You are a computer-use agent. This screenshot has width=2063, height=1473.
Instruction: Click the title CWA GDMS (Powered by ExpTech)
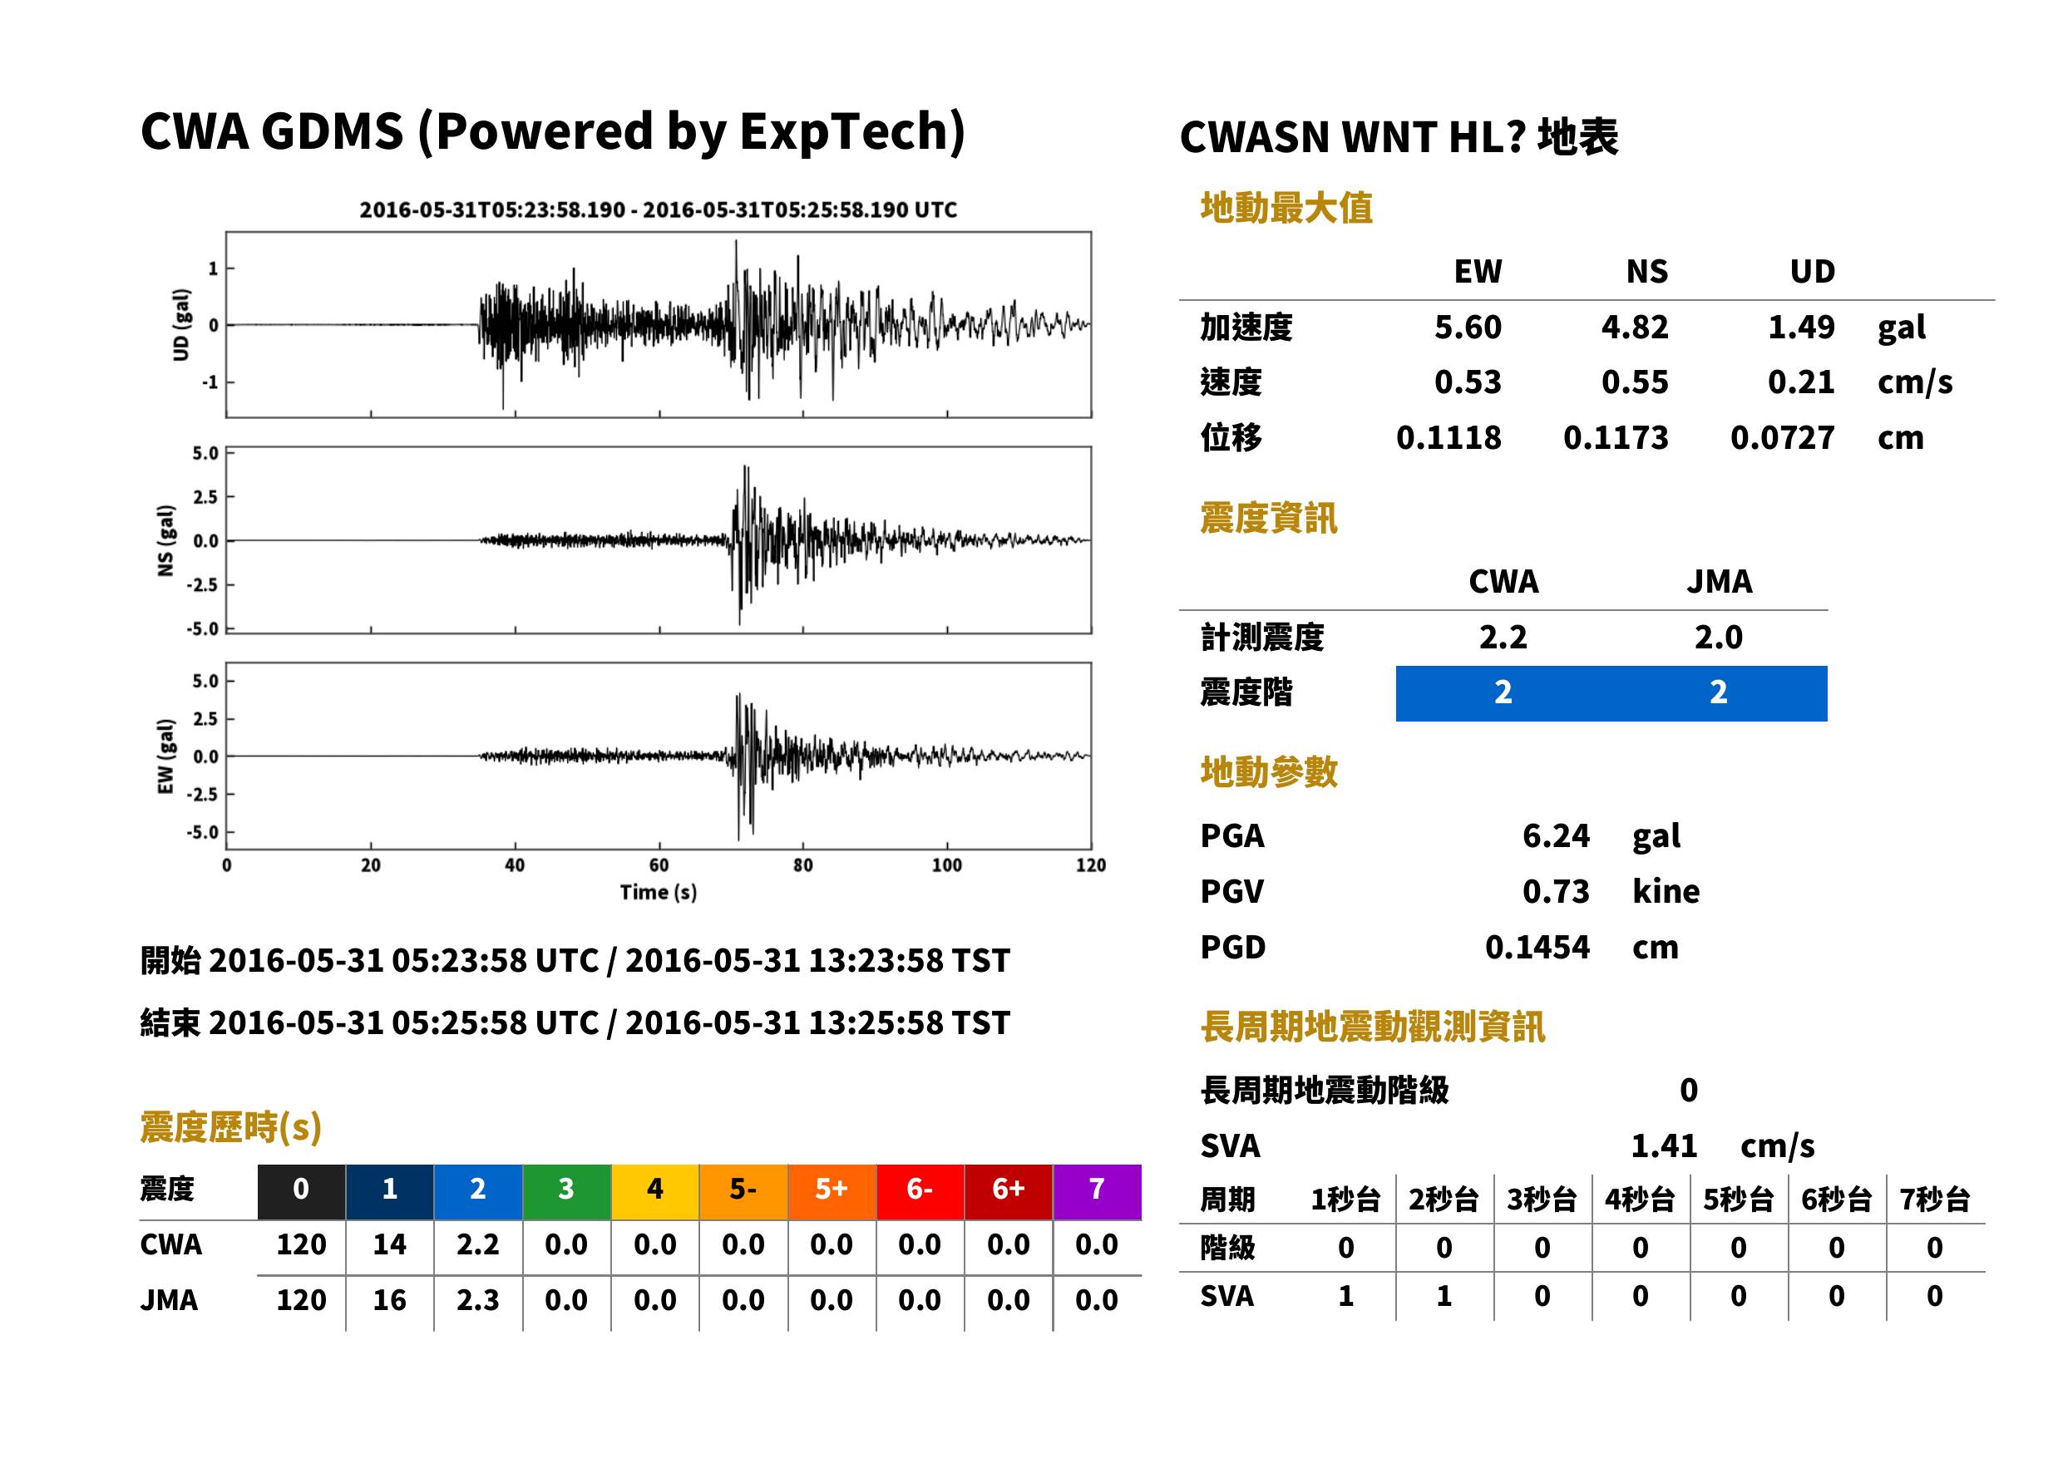point(552,132)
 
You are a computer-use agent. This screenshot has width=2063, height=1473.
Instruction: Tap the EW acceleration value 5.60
point(1467,328)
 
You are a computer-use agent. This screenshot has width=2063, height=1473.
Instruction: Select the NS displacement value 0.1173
point(1615,438)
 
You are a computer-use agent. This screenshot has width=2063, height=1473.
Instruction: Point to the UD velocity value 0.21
point(1801,382)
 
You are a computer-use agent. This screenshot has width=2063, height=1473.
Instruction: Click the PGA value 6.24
point(1556,836)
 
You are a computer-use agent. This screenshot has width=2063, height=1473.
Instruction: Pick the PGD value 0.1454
point(1537,948)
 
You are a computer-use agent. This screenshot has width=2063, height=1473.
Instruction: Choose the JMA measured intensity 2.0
point(1718,638)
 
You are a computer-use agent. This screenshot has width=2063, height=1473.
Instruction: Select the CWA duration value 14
point(389,1244)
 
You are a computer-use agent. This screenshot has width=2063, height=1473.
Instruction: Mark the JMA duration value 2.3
point(477,1301)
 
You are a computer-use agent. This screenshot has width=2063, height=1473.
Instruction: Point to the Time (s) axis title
point(659,893)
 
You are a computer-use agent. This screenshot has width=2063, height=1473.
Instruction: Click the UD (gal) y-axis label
point(181,325)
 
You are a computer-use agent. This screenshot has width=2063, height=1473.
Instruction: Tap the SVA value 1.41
point(1664,1146)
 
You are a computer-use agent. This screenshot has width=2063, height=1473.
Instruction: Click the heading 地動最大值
point(1286,209)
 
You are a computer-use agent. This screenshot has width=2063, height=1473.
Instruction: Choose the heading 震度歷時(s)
point(230,1127)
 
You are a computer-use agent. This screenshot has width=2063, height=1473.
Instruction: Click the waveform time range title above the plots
point(659,210)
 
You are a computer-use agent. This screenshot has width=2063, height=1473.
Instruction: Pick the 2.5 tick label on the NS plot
point(205,497)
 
